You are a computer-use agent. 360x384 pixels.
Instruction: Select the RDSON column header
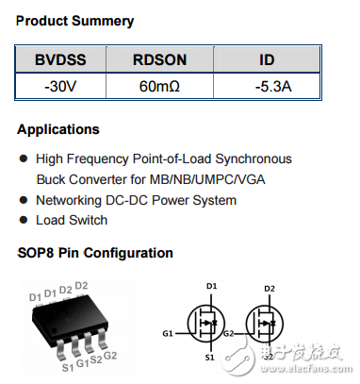[159, 59]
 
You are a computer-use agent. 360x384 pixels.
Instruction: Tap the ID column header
[267, 59]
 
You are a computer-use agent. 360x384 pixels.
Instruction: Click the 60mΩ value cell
[159, 88]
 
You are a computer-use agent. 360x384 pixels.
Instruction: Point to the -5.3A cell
[267, 88]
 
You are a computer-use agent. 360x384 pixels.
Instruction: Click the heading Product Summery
[75, 21]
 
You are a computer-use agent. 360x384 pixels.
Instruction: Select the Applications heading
[58, 129]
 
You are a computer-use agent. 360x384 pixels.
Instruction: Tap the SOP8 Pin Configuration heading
[95, 253]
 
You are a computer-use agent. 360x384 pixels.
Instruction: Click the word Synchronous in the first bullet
[254, 159]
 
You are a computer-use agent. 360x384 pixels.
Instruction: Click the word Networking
[73, 200]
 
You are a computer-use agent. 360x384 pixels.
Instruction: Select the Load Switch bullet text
[72, 220]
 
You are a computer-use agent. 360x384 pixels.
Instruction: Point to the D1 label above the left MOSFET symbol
[210, 287]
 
